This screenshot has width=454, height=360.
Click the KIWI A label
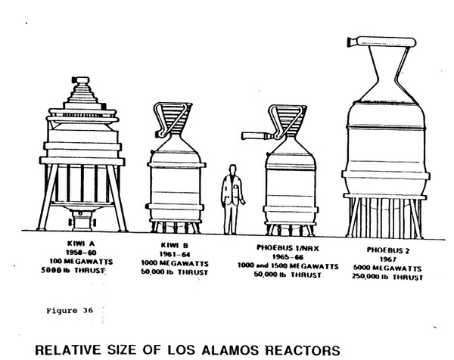(81, 244)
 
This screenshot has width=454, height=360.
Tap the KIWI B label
(175, 246)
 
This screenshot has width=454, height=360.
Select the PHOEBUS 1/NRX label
(288, 248)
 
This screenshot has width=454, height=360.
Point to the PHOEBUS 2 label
(388, 250)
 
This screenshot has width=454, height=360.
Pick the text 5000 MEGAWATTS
(387, 268)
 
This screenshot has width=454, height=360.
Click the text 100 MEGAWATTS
(81, 262)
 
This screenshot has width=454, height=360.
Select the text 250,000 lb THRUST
(387, 277)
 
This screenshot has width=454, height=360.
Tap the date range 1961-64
(174, 255)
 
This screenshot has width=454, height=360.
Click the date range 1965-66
(288, 257)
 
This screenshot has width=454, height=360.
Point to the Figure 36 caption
(70, 311)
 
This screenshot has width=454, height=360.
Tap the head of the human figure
(232, 170)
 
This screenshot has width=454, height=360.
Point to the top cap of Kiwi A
(81, 80)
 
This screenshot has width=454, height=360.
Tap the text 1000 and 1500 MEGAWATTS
(288, 266)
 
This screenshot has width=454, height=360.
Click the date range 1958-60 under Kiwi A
(81, 253)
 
